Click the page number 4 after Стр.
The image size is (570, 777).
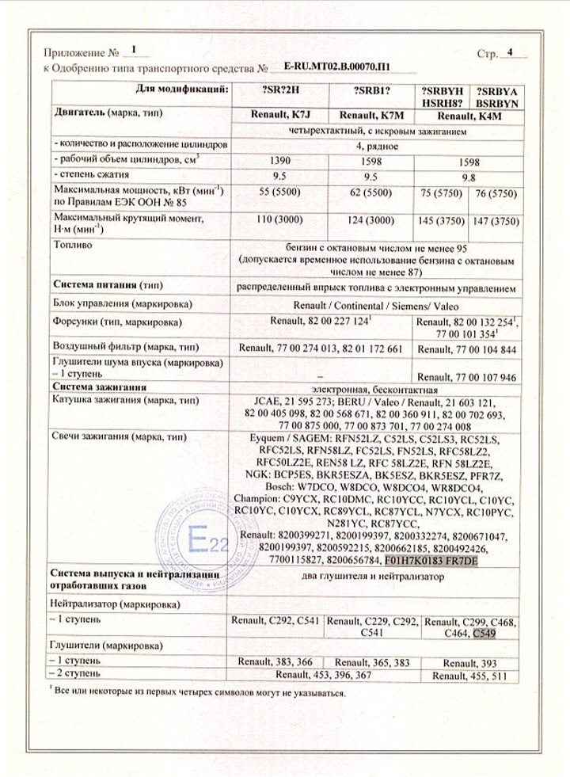[510, 54]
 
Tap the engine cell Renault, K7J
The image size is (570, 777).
[277, 116]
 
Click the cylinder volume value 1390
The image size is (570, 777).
[277, 159]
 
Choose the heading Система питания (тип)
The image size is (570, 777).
[107, 284]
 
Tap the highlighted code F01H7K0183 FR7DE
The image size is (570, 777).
[431, 560]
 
